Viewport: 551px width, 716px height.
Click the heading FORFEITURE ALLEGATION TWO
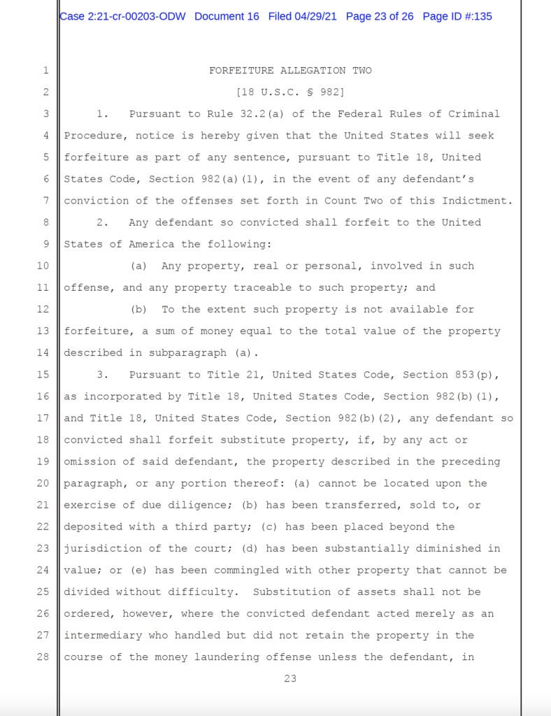(x=290, y=71)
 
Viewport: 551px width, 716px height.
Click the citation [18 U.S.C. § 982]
(x=290, y=92)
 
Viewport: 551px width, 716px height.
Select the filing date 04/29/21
(x=316, y=16)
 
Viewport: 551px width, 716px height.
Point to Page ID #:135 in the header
(x=457, y=16)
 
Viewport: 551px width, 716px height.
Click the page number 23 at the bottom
(x=290, y=678)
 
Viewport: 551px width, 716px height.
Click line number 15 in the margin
(x=43, y=375)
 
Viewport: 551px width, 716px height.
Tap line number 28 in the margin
(x=43, y=657)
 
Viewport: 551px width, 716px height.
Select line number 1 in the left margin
(x=45, y=71)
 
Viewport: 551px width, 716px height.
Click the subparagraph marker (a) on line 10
(x=138, y=266)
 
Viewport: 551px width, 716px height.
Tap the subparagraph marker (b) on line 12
(x=138, y=309)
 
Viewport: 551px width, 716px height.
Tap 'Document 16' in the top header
(x=227, y=16)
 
